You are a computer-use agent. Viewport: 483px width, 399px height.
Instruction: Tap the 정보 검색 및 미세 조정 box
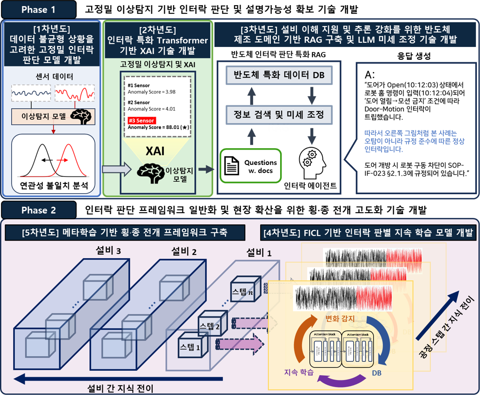279,114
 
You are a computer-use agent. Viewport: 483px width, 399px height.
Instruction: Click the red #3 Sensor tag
141,121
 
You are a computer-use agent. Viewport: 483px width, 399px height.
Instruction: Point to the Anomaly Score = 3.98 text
152,92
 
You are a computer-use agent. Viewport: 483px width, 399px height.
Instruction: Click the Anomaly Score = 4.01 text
152,109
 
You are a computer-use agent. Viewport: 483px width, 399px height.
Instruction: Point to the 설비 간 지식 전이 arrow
93,379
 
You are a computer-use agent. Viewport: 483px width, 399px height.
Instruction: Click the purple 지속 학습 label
299,373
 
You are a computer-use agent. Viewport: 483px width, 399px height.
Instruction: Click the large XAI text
155,151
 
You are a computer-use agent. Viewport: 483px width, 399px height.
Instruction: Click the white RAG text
278,128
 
